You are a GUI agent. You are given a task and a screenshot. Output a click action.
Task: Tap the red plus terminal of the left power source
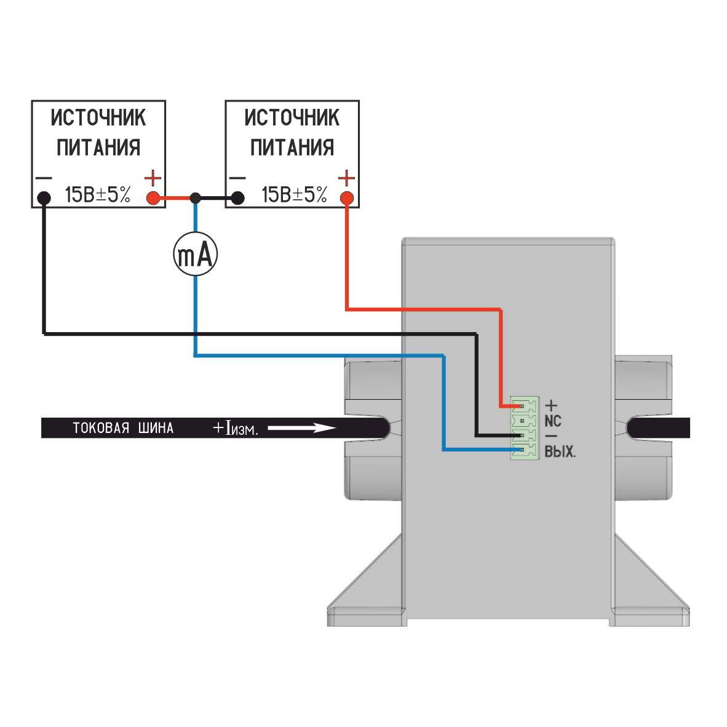click(x=153, y=199)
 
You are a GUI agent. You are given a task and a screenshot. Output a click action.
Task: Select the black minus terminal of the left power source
click(x=44, y=199)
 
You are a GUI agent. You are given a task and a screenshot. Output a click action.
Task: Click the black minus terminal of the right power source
click(x=237, y=199)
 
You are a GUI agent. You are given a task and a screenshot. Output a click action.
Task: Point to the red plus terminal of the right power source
click(x=347, y=199)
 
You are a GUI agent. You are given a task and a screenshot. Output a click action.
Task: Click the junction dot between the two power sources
click(x=195, y=199)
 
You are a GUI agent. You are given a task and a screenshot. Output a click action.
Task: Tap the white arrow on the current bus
click(x=302, y=427)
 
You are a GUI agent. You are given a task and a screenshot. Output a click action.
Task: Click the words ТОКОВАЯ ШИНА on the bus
click(x=124, y=428)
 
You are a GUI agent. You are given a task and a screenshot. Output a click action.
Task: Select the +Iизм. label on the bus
click(x=235, y=428)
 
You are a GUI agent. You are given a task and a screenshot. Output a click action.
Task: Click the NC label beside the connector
click(x=553, y=421)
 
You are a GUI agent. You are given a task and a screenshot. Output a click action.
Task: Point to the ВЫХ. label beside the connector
click(x=560, y=451)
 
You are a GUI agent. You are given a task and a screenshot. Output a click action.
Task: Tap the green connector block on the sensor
click(x=525, y=428)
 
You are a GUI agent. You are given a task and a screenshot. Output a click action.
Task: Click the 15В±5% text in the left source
click(x=98, y=195)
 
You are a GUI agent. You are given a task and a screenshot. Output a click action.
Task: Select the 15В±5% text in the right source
click(x=295, y=195)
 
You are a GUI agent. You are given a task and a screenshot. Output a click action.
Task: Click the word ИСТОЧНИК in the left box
click(x=98, y=117)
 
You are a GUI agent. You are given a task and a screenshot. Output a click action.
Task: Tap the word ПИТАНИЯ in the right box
click(x=292, y=148)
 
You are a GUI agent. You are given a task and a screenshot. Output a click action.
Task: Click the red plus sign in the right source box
click(x=347, y=178)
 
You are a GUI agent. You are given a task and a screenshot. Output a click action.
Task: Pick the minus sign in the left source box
click(x=44, y=178)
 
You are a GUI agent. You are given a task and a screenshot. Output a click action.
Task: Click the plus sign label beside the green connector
click(x=551, y=406)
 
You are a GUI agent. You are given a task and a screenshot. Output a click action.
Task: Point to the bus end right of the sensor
click(x=658, y=428)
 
